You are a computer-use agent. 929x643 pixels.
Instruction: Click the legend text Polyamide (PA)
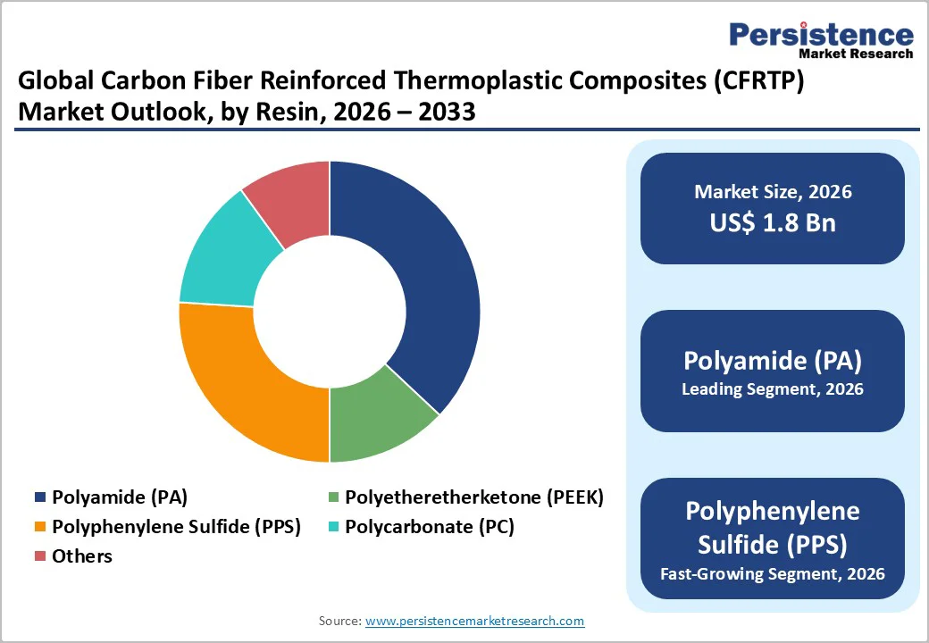click(x=120, y=497)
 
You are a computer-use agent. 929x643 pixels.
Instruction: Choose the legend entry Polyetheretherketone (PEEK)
click(x=474, y=497)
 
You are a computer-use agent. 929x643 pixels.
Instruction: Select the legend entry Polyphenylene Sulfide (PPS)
click(x=176, y=527)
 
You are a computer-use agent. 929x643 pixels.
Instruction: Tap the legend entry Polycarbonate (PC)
click(x=430, y=527)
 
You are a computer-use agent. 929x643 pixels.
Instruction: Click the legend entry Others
click(x=82, y=556)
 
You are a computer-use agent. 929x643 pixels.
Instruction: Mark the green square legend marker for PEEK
click(x=334, y=497)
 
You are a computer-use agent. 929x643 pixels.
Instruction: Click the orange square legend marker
click(x=40, y=527)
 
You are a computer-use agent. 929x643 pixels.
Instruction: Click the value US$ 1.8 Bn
click(x=773, y=222)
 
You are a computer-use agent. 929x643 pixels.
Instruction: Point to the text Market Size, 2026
click(x=773, y=192)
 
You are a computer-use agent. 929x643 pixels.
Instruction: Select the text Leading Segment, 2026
click(x=773, y=389)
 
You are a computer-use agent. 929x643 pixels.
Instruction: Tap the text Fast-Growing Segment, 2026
click(x=773, y=573)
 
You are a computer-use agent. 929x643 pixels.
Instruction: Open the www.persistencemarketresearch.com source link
click(x=474, y=621)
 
